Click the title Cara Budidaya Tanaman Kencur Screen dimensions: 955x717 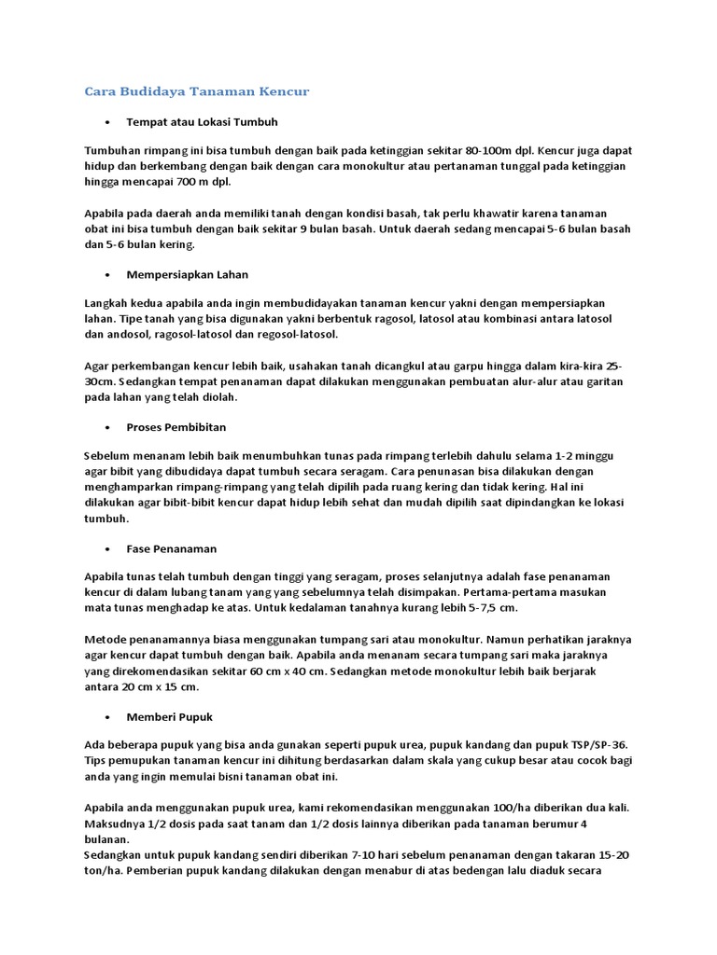[x=196, y=91]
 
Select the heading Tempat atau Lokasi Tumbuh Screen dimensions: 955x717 [x=202, y=122]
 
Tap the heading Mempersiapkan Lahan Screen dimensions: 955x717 [x=187, y=274]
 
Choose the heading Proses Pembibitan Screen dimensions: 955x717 [x=176, y=427]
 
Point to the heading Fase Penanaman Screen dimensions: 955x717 [x=171, y=548]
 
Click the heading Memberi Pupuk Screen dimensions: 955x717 [x=169, y=716]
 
